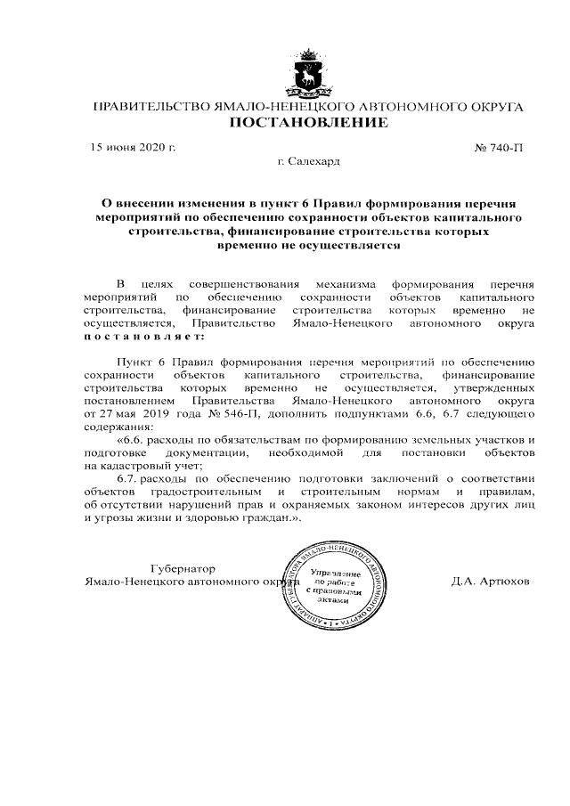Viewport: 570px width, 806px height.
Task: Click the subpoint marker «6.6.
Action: point(131,440)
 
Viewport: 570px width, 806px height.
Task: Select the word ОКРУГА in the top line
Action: point(493,107)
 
